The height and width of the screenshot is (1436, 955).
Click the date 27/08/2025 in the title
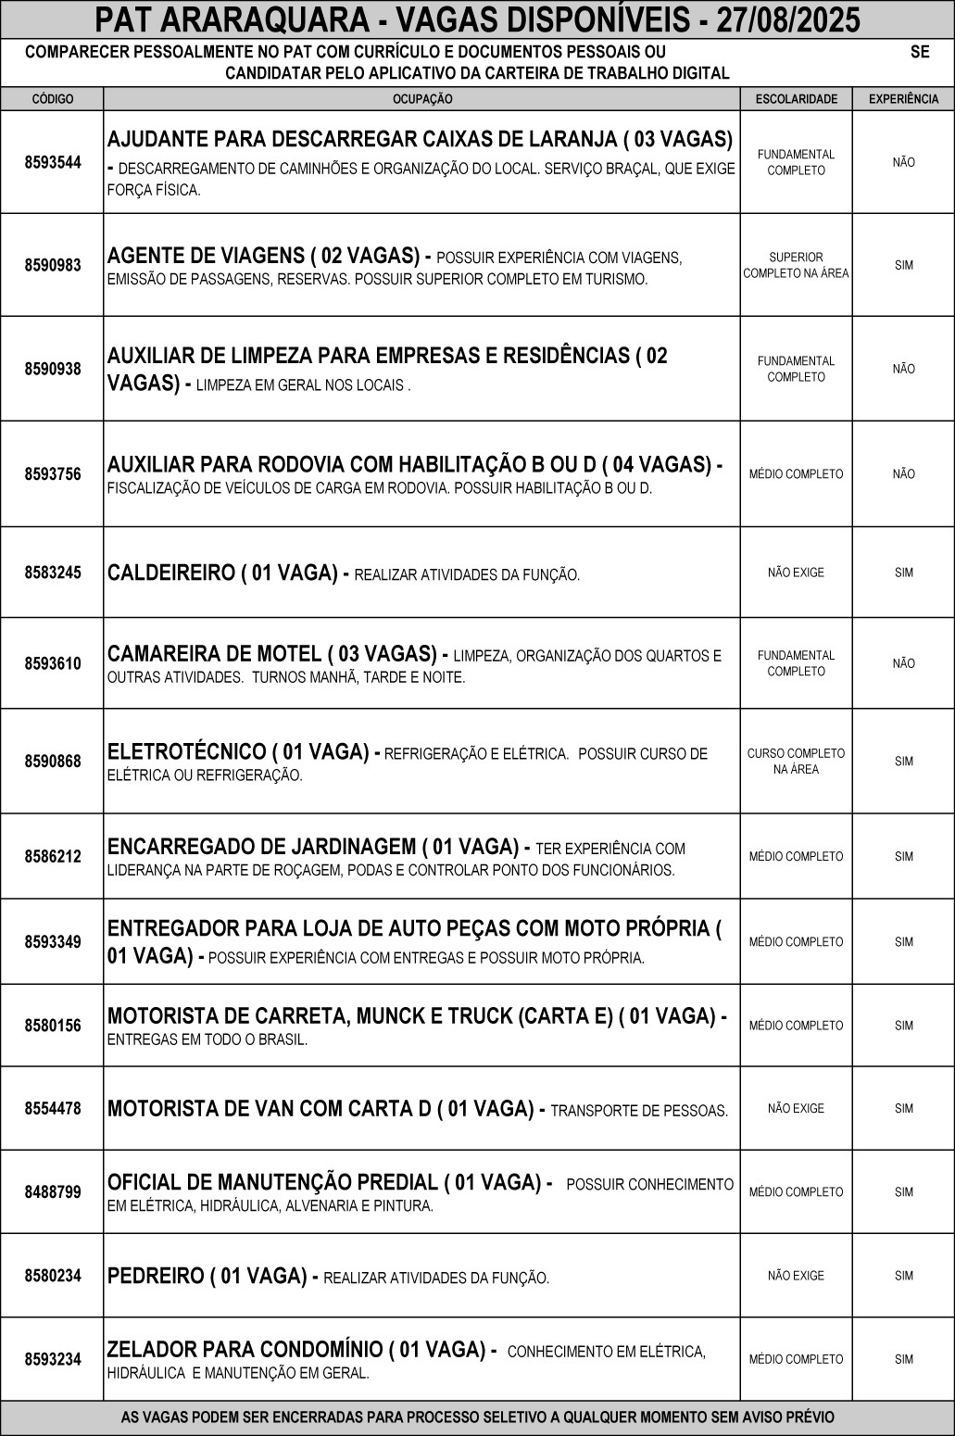(789, 19)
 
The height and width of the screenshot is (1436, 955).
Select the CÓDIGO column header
(53, 99)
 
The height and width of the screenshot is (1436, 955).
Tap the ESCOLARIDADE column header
(796, 99)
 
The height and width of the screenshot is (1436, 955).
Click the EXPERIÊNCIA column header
(903, 99)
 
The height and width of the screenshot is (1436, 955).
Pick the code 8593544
(53, 162)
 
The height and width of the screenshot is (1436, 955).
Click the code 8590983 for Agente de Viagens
(53, 265)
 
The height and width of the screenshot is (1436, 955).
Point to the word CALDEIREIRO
(171, 573)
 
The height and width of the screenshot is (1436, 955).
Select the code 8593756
(53, 474)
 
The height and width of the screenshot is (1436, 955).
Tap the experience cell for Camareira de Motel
(903, 663)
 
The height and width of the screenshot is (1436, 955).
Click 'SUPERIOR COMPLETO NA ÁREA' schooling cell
(796, 266)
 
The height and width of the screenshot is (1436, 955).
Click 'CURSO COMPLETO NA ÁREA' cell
(796, 762)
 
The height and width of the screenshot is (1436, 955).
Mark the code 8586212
(53, 856)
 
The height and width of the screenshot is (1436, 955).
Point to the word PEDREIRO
(156, 1276)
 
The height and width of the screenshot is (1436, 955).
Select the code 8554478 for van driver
(53, 1108)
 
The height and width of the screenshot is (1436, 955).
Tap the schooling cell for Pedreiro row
(796, 1276)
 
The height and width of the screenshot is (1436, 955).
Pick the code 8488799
(53, 1191)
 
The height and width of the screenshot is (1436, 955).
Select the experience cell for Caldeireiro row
(903, 573)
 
